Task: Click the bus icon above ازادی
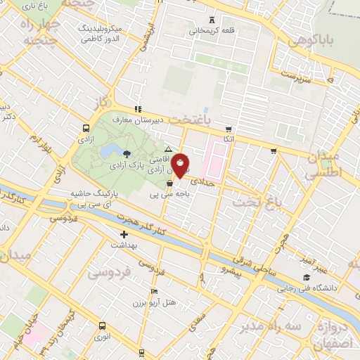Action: tap(86, 129)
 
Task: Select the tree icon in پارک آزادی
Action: tap(127, 154)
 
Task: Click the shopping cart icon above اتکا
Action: tap(229, 129)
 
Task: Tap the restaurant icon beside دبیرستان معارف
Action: tap(139, 109)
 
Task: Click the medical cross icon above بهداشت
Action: tap(124, 234)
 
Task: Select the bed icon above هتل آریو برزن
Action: tap(154, 291)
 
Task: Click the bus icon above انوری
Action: tap(103, 326)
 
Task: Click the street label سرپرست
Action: tap(296, 75)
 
